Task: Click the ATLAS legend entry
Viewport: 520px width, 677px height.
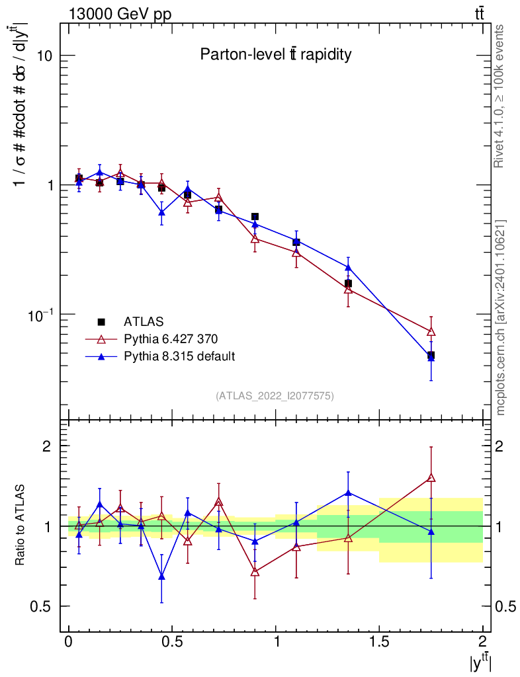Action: pos(140,322)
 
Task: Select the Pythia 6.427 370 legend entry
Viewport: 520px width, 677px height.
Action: pos(170,339)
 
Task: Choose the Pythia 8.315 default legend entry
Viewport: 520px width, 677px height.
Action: pos(179,356)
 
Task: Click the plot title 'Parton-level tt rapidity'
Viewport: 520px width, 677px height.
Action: pos(275,55)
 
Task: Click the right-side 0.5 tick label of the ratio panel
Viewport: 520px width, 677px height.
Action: pos(506,606)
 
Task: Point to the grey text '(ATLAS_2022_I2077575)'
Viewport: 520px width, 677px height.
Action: pos(275,396)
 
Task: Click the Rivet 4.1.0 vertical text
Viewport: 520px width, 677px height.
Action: pos(500,96)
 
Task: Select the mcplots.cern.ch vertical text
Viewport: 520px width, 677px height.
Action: pos(500,317)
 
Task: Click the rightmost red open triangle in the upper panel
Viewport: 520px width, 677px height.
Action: pos(431,331)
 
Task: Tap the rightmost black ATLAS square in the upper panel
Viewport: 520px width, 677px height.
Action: pos(431,356)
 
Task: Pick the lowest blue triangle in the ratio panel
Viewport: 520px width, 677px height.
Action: pos(162,577)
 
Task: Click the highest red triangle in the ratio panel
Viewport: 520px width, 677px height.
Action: pos(431,477)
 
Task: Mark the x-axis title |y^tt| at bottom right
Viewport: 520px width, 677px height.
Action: pos(480,663)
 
